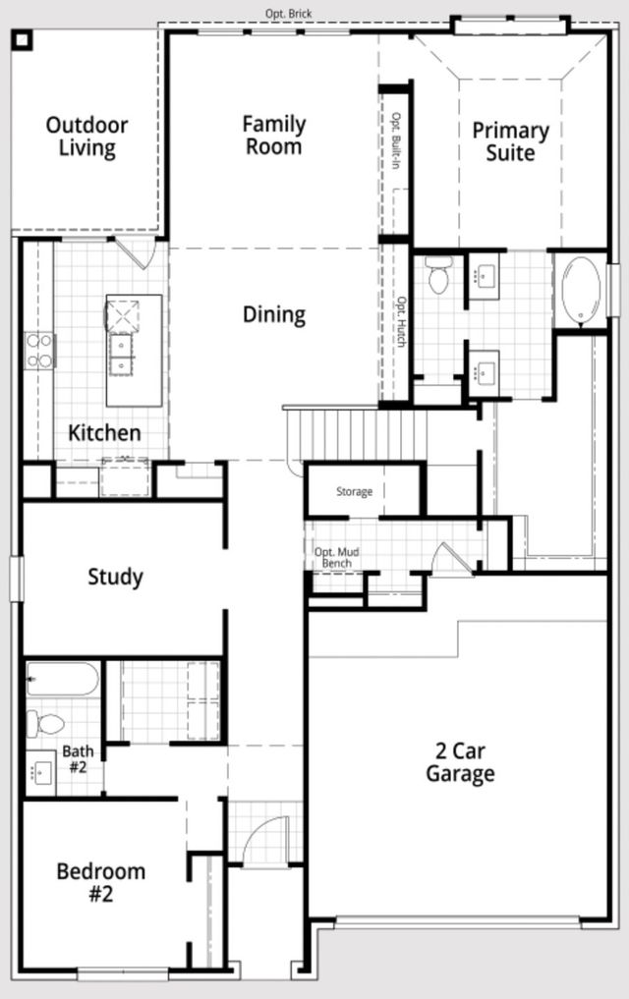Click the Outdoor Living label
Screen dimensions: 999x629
[x=86, y=138]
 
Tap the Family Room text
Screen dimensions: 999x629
[x=274, y=136]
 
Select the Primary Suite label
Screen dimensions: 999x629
[x=509, y=141]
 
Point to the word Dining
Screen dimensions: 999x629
[x=274, y=314]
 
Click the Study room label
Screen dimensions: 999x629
[x=115, y=577]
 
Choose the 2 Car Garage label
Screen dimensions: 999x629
[x=459, y=762]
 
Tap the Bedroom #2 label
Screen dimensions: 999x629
[x=100, y=882]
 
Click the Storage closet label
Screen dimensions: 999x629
[x=354, y=491]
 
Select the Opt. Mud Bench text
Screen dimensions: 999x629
[x=336, y=558]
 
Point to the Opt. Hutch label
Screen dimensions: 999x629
[x=401, y=321]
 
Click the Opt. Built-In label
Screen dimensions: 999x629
[x=396, y=142]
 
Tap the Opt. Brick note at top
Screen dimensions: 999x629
[x=288, y=14]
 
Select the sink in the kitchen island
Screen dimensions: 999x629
[x=123, y=353]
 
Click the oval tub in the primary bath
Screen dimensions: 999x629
[x=580, y=292]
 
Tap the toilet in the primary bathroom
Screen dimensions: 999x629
[x=438, y=274]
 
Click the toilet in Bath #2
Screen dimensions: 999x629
[x=45, y=725]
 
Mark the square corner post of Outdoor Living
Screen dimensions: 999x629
[x=22, y=39]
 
